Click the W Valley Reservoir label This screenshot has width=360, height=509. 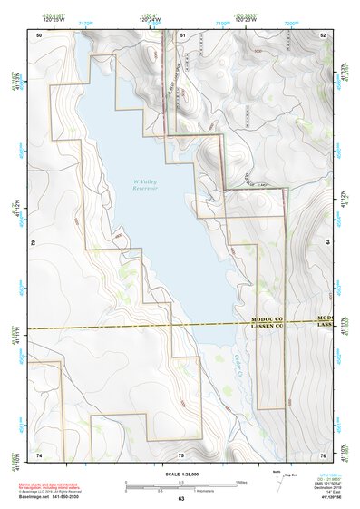(145, 187)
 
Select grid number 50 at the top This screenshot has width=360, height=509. (39, 34)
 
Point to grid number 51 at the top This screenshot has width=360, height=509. (182, 34)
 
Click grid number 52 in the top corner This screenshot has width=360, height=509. (323, 34)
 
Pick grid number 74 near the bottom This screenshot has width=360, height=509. (39, 454)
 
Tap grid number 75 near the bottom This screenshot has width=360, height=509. (180, 454)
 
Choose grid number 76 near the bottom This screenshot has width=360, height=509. (323, 454)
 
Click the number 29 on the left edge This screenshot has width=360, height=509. (33, 243)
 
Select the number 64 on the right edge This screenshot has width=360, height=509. (327, 243)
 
